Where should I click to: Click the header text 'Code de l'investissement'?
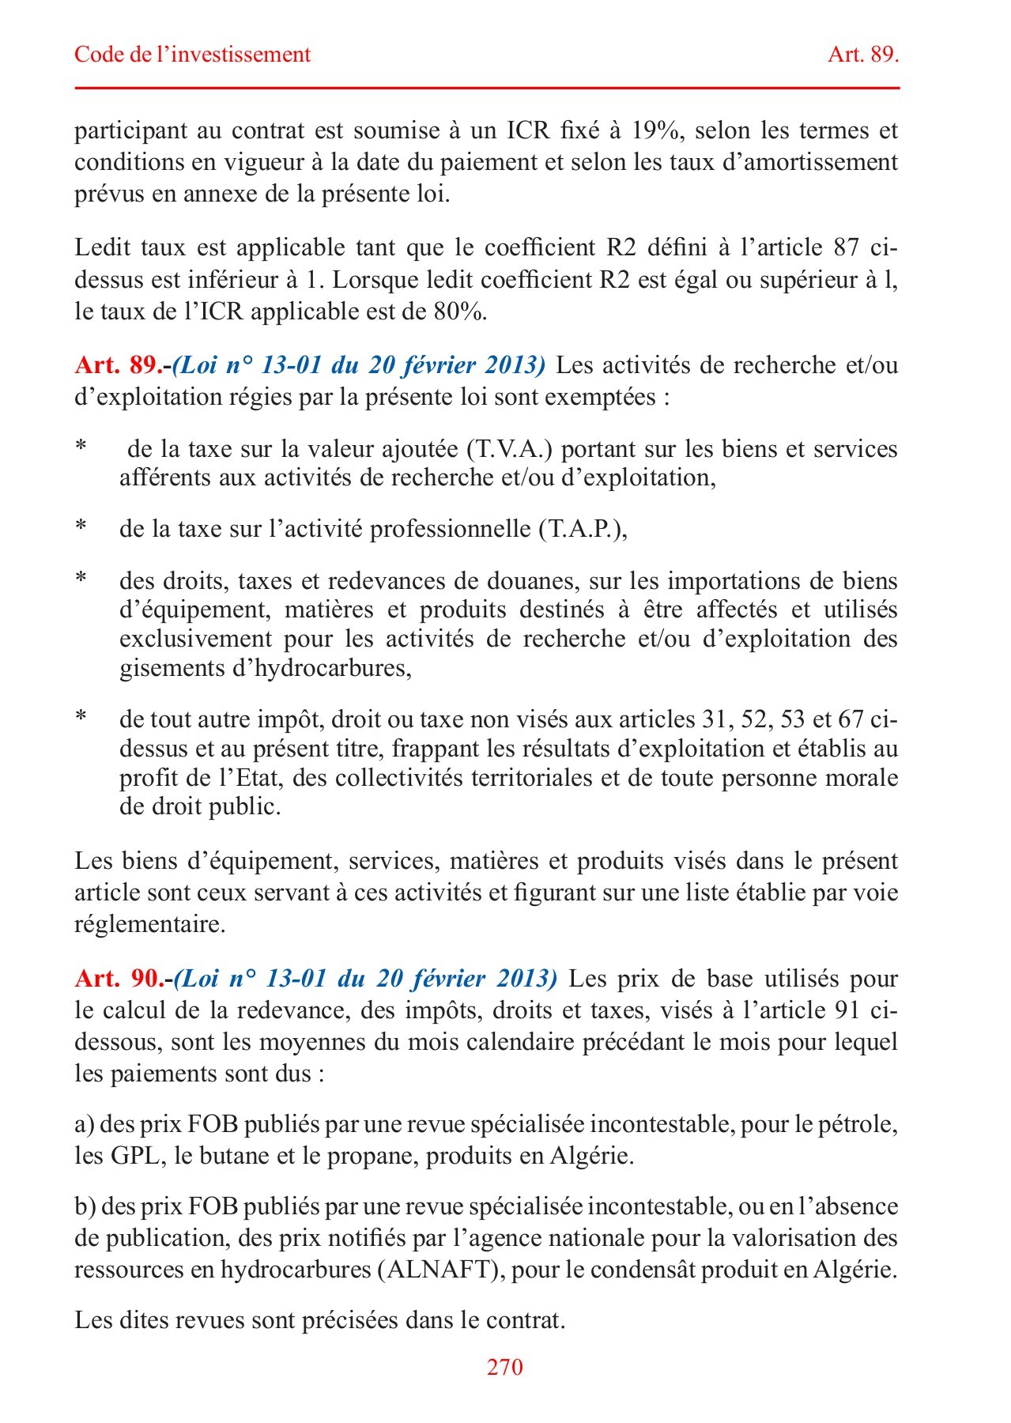192,55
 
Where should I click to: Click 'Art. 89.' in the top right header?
863,55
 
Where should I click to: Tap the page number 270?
504,1367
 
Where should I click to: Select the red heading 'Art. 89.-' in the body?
123,365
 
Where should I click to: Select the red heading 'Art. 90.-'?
123,979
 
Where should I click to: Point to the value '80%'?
459,311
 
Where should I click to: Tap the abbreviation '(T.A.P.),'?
583,529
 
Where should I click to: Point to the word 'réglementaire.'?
150,924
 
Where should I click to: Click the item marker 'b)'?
85,1206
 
